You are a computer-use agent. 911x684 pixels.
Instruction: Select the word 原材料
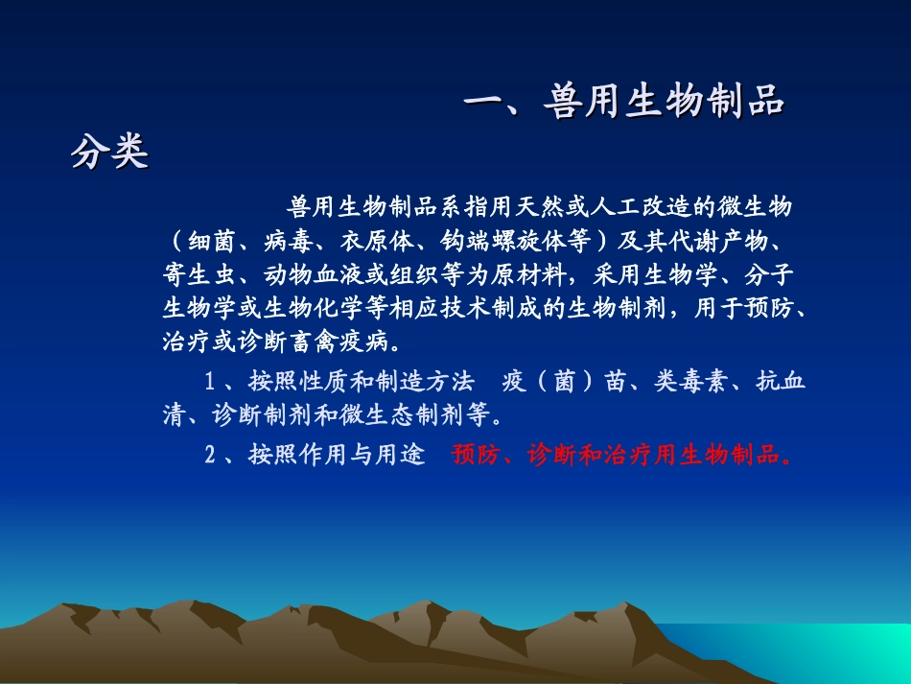(532, 275)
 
